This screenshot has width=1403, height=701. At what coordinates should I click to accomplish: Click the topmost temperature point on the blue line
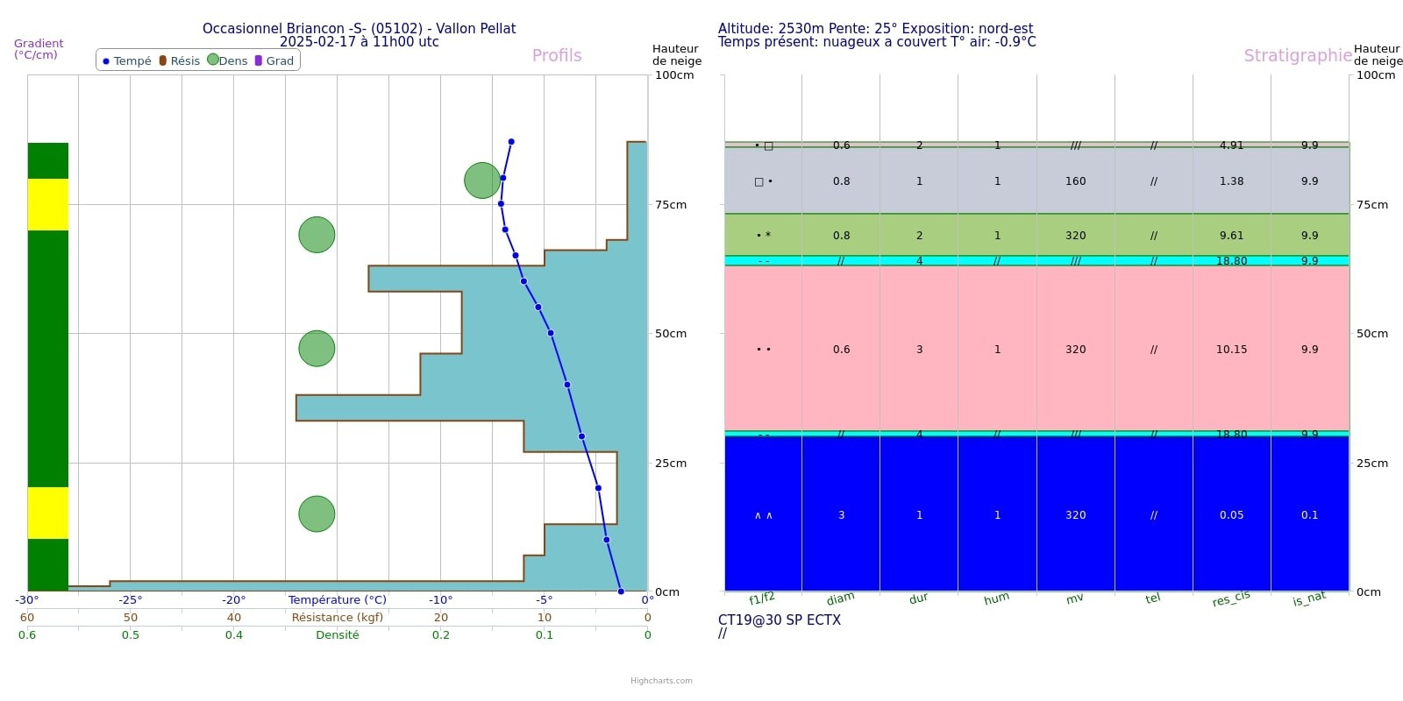[511, 142]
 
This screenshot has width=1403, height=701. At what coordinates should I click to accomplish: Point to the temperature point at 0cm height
[621, 591]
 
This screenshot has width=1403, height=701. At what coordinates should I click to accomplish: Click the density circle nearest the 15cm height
[317, 514]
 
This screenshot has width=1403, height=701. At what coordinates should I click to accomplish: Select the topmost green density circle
[482, 181]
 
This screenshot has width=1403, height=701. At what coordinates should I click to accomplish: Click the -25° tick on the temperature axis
[131, 600]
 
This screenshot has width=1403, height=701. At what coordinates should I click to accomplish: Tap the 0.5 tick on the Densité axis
[131, 635]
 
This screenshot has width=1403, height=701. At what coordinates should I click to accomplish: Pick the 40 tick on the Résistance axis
[234, 618]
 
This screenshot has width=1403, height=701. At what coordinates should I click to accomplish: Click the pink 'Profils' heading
[557, 55]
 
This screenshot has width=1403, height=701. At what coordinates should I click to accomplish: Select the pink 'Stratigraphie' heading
[1298, 55]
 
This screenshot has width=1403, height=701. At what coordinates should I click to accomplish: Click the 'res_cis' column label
[1231, 599]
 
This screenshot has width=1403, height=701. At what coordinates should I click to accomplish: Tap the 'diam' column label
[840, 599]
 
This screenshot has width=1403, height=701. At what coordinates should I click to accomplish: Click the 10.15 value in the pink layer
[1231, 350]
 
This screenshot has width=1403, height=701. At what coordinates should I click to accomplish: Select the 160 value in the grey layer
[1075, 181]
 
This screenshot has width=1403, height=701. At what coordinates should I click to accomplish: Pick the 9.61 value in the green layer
[1231, 236]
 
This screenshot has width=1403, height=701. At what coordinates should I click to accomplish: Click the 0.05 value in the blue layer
[1231, 515]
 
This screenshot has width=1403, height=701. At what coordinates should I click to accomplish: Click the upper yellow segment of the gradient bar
[48, 204]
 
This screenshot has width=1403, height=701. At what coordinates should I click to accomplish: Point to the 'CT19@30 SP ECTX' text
[780, 620]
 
